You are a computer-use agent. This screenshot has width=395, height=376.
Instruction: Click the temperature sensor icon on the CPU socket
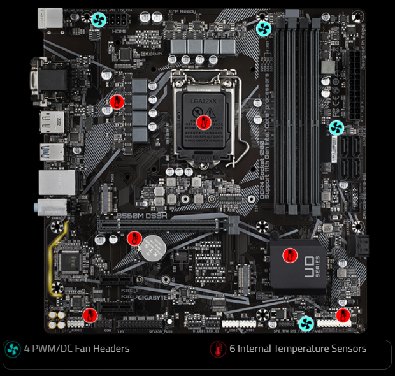[204, 122]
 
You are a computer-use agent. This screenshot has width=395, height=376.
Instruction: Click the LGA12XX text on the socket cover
[203, 101]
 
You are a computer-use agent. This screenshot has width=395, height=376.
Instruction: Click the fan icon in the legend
[12, 349]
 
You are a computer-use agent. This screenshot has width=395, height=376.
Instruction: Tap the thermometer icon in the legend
[219, 349]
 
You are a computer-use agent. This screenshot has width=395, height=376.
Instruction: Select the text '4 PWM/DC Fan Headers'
[76, 349]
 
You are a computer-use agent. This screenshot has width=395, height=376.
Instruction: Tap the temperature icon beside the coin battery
[134, 239]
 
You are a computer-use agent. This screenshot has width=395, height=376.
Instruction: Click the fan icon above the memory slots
[264, 27]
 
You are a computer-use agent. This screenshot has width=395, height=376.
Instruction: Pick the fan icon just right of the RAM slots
[336, 127]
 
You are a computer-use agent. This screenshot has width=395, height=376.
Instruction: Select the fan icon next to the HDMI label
[99, 20]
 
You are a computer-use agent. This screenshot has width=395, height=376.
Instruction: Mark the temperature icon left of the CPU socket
[116, 103]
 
